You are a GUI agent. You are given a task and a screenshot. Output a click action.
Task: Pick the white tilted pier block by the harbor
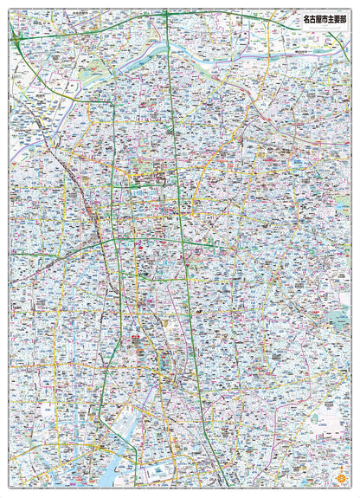(x=160, y=473)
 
